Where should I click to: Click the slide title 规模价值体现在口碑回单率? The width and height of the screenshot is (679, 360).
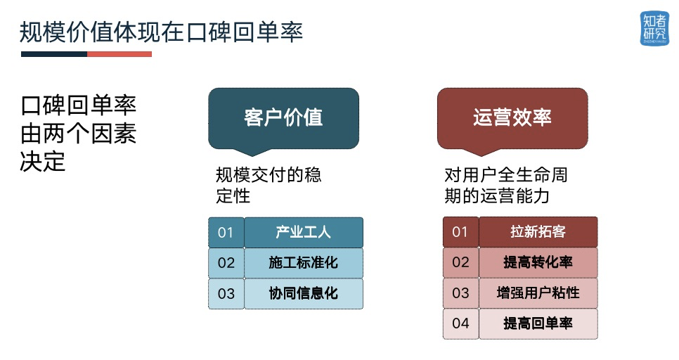tap(161, 32)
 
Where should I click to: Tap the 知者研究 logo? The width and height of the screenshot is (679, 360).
tap(654, 29)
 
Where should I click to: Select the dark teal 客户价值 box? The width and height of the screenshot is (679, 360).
tap(284, 119)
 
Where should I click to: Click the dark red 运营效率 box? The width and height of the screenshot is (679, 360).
tap(512, 119)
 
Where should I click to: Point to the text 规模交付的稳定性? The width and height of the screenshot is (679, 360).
tap(269, 185)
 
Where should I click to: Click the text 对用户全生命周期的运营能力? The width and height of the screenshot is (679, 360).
tap(506, 185)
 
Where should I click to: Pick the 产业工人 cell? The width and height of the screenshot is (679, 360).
tap(304, 232)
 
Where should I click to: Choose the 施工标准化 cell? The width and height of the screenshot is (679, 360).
tap(304, 262)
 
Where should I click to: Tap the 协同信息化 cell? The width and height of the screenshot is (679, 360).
tap(304, 293)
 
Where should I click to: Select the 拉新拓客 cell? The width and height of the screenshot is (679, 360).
tap(538, 232)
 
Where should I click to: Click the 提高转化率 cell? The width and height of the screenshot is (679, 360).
tap(538, 262)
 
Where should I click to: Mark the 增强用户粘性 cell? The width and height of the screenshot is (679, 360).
tap(538, 293)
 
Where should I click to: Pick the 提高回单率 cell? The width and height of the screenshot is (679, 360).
tap(538, 323)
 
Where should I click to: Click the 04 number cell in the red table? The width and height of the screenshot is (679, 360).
tap(461, 323)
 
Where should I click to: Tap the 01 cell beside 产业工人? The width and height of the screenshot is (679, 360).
tap(226, 232)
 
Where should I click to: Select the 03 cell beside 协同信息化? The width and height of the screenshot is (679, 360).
tap(226, 293)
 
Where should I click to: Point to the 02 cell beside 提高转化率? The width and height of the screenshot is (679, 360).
tap(461, 262)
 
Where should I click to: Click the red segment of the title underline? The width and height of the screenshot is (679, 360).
tap(119, 54)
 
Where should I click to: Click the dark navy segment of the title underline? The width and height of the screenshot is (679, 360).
tap(54, 54)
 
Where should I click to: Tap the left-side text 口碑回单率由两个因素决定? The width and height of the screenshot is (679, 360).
tap(79, 134)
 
